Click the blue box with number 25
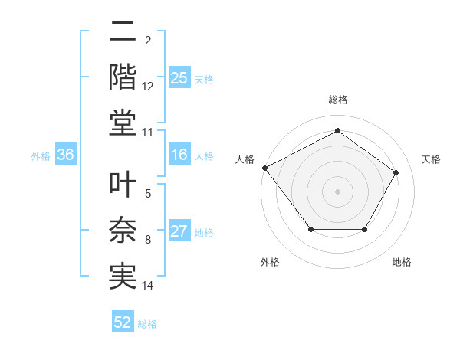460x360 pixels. point(179,78)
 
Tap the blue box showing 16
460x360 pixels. point(179,155)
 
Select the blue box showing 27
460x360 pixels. point(179,232)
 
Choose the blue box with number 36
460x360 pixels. point(65,155)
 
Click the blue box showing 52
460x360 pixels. point(123,322)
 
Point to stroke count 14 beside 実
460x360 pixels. point(148,286)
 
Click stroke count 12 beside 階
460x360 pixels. point(148,87)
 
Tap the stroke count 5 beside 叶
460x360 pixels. point(148,195)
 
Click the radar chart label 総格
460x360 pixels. point(337,100)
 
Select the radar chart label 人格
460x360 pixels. point(245,159)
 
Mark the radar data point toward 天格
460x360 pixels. point(396,172)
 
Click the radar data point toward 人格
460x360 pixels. point(264,168)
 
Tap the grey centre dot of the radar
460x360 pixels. point(337,191)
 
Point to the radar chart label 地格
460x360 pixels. point(402,262)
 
